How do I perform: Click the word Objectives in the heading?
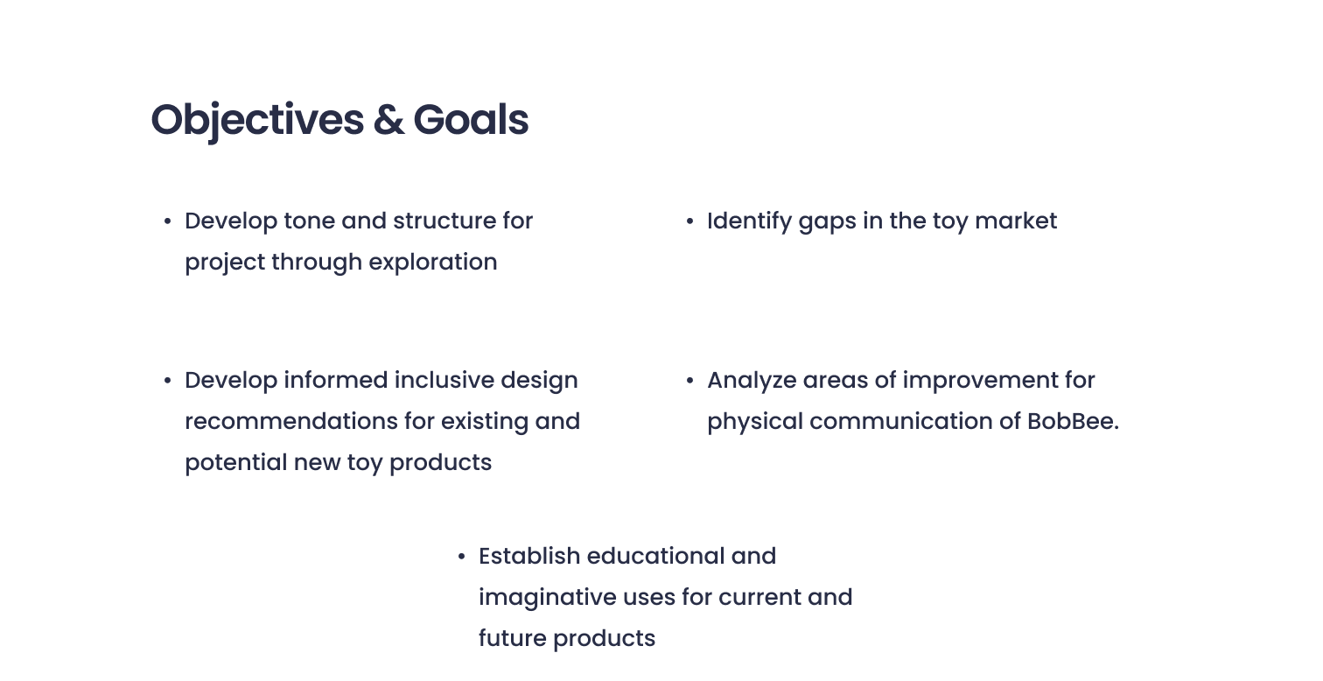(257, 121)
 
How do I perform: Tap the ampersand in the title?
(388, 120)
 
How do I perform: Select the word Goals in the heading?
(471, 120)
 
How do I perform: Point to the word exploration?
(433, 263)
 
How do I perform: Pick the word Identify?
(750, 222)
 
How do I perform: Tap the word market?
(1016, 221)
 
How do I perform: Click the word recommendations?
(291, 422)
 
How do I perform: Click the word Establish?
(529, 557)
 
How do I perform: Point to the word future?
(513, 638)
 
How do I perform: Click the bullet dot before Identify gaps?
(689, 221)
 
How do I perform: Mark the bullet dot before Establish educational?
(462, 557)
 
